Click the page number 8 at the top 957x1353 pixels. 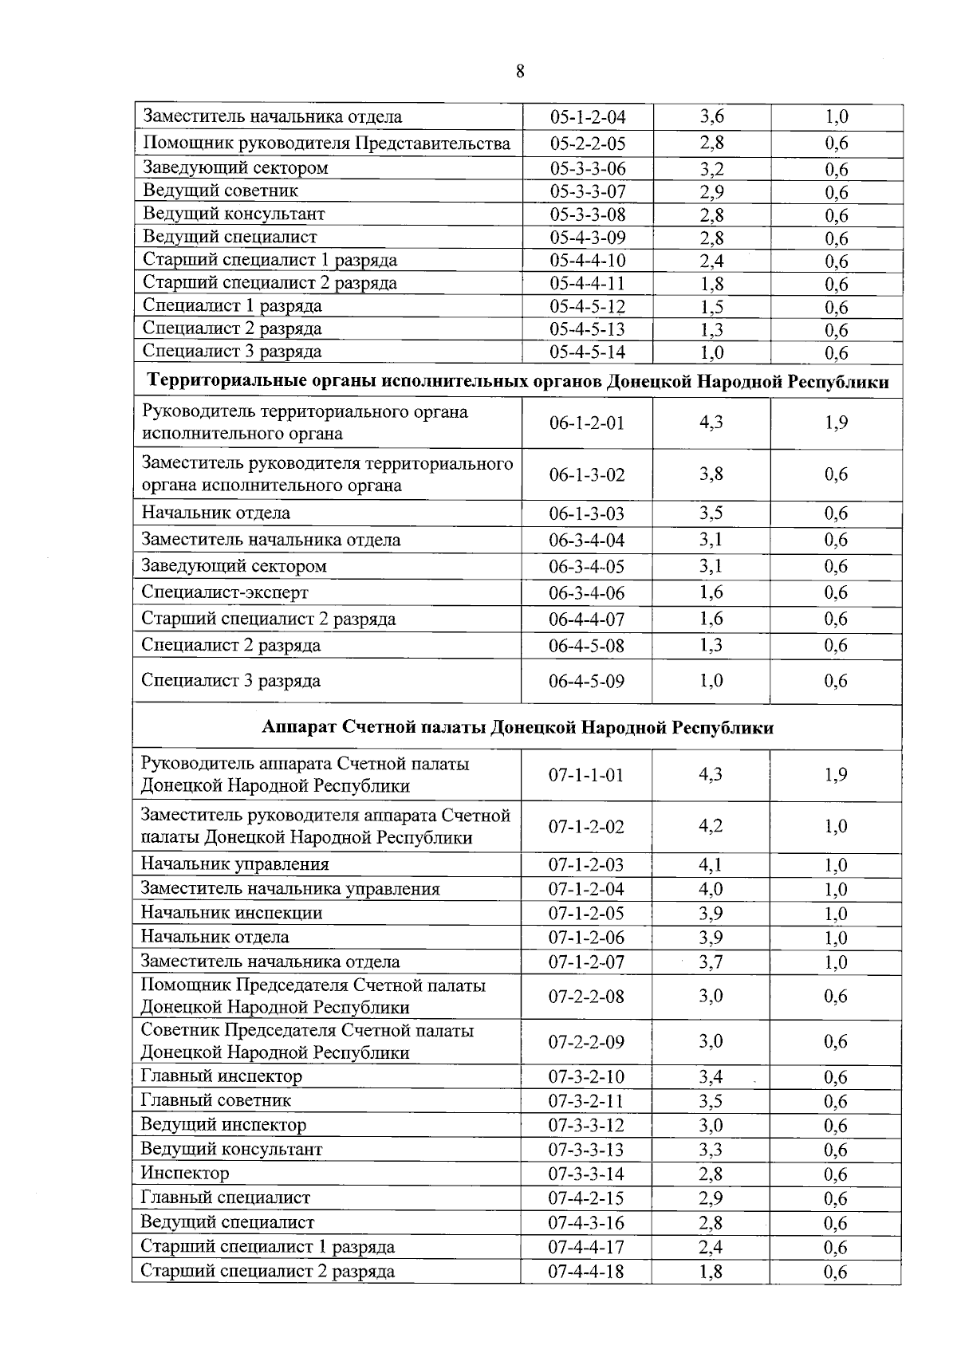coord(520,72)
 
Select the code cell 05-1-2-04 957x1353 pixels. coord(588,117)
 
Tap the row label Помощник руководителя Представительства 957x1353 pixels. coord(326,144)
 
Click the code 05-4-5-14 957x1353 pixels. coord(588,352)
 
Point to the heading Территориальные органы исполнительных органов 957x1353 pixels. coord(518,382)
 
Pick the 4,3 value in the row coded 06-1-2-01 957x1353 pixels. coord(711,423)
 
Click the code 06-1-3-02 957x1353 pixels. coord(587,475)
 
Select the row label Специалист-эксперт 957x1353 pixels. coord(225,592)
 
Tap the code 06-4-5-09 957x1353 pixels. coord(587,681)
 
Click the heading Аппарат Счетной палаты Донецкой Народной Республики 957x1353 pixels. coord(518,728)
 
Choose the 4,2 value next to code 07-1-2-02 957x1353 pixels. coord(711,827)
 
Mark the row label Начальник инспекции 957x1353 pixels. coord(231,913)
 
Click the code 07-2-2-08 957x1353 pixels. coord(586,997)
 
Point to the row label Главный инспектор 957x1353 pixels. coord(221,1077)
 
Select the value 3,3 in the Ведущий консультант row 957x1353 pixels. coord(711,1150)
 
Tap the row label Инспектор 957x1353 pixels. coord(185,1174)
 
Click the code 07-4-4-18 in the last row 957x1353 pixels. coord(586,1272)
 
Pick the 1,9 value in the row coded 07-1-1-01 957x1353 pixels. coord(836,775)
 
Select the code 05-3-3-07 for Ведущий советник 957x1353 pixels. coord(588,191)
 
